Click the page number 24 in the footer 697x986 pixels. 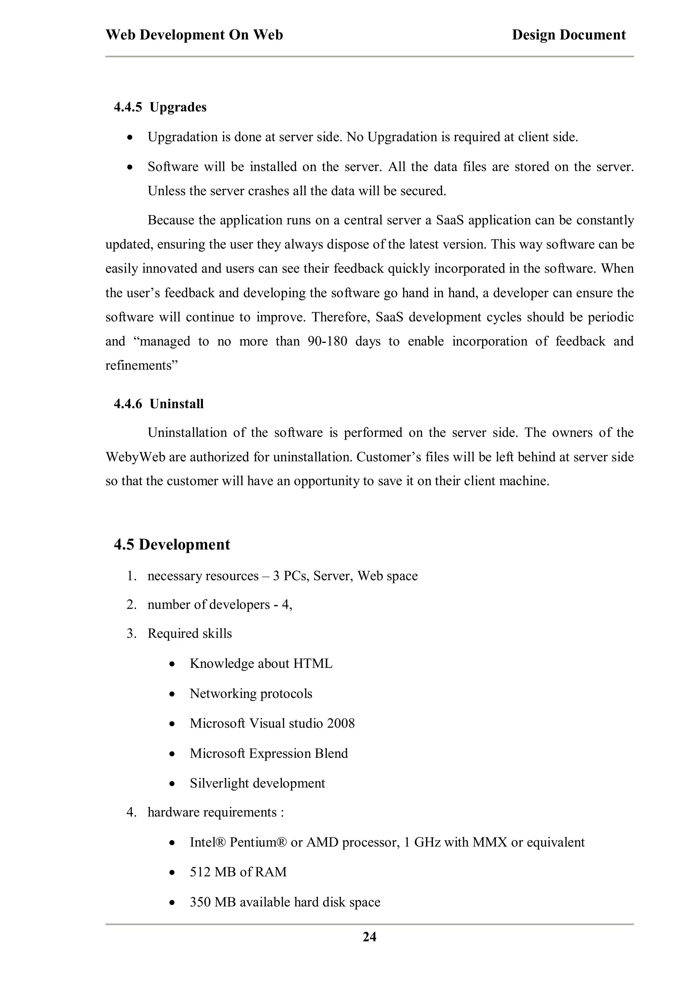coord(369,937)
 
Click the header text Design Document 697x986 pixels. coord(569,35)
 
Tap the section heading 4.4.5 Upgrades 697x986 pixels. coord(160,108)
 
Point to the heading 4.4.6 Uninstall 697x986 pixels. coord(159,404)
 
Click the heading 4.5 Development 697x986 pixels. coord(172,544)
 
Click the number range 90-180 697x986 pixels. coord(327,341)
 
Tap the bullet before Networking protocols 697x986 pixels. coord(172,694)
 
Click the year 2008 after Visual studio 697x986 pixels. coord(341,723)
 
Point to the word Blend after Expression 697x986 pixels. coord(331,753)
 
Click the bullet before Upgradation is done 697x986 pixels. coord(130,137)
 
